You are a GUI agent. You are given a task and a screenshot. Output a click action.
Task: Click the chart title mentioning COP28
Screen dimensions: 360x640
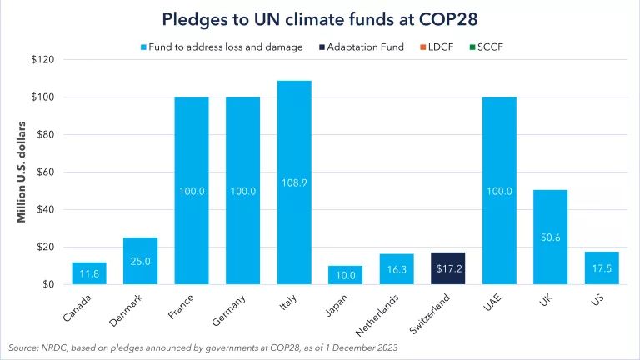[320, 17]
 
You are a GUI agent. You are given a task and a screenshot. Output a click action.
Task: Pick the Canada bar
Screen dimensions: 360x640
[89, 273]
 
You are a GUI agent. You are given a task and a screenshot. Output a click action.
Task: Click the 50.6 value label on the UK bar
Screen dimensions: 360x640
[550, 237]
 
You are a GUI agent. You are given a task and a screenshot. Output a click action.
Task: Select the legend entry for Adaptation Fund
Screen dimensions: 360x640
[366, 47]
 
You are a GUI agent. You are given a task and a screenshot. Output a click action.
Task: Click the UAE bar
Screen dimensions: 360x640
[498, 191]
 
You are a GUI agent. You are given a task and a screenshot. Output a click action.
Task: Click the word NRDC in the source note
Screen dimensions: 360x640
[57, 346]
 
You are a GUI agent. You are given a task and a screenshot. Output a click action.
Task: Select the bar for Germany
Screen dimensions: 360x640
[242, 191]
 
